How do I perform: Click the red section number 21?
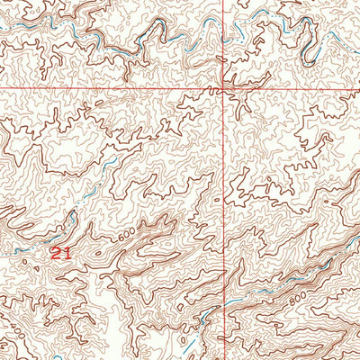coord(60,253)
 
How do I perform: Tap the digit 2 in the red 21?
coord(56,253)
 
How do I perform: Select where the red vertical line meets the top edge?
coord(224,1)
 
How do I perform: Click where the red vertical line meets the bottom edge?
coord(224,358)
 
